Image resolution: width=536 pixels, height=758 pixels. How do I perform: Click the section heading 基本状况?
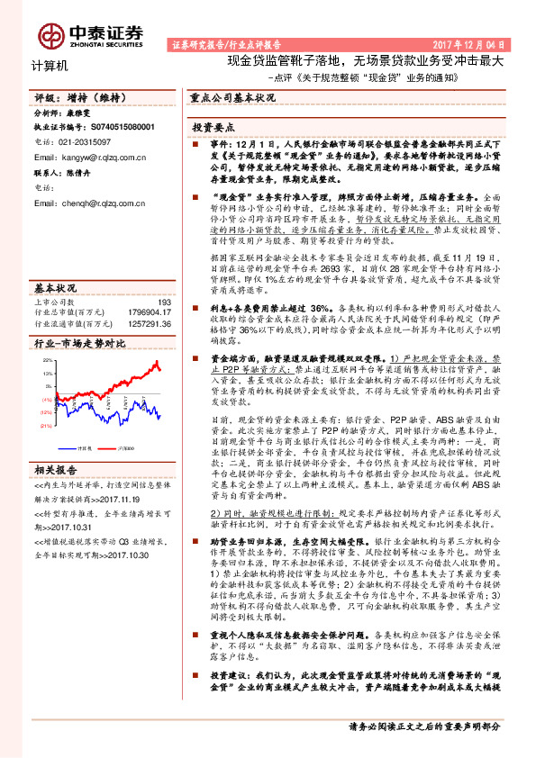pos(55,289)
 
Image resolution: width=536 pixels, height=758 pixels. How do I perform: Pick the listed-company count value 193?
pos(164,303)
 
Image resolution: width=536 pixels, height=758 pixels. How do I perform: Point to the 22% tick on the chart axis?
pos(46,360)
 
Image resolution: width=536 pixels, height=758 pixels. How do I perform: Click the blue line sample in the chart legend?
pos(70,446)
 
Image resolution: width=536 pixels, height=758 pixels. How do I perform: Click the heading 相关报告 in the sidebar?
pos(55,468)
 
